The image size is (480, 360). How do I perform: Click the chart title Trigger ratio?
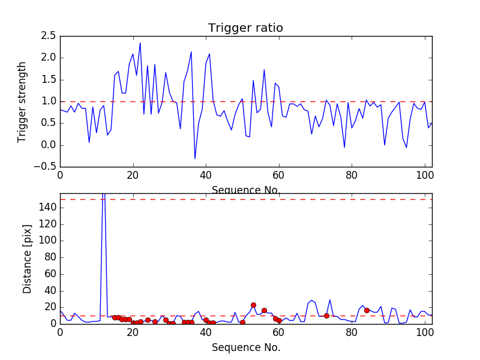point(245,28)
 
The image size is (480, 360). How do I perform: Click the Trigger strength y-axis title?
point(22,101)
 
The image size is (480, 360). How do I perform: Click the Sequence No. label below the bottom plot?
point(246,347)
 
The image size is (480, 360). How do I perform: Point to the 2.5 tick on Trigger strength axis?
point(47,36)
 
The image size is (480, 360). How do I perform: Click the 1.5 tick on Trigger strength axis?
point(47,80)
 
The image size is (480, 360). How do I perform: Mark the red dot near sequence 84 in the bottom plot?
point(367,310)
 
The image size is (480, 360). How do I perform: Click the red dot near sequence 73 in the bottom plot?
point(326,316)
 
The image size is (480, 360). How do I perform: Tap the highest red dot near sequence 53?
point(253,305)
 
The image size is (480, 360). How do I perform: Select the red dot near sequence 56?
point(264,310)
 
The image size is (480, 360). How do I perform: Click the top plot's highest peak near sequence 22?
point(140,43)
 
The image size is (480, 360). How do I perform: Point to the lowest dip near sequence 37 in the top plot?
point(195,158)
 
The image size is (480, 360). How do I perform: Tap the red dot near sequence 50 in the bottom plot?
point(242,322)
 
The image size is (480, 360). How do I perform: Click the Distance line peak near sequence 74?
point(330,300)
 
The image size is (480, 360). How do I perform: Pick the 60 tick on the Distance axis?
point(50,274)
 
